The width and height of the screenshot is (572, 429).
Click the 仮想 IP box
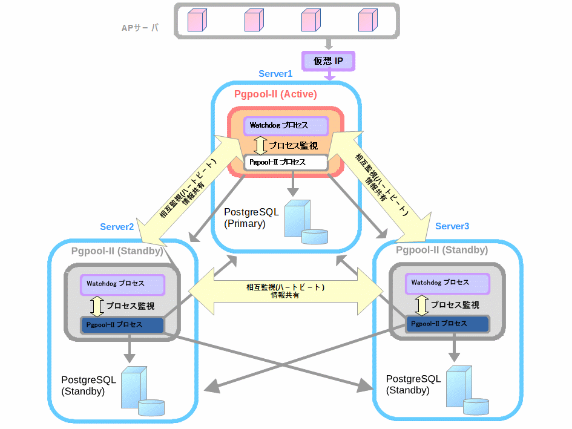click(328, 61)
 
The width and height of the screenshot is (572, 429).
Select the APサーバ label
click(140, 27)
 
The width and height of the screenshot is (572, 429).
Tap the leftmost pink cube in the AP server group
click(197, 19)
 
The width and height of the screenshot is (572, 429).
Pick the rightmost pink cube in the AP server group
click(367, 19)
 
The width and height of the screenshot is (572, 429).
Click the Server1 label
click(275, 74)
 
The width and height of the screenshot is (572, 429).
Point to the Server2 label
click(117, 227)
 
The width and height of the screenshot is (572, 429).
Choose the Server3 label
click(452, 226)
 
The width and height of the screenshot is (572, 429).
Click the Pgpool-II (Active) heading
click(275, 94)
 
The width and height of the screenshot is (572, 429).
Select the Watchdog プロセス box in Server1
click(286, 126)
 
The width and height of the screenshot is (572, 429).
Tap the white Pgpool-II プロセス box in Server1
click(286, 162)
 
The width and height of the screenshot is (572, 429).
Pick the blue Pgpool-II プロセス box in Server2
click(122, 325)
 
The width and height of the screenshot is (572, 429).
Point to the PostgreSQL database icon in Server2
click(141, 392)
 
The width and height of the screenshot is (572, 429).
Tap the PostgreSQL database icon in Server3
click(466, 391)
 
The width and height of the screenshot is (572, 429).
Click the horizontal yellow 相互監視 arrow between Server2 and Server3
click(285, 291)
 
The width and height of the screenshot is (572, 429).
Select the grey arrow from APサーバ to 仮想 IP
click(328, 44)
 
